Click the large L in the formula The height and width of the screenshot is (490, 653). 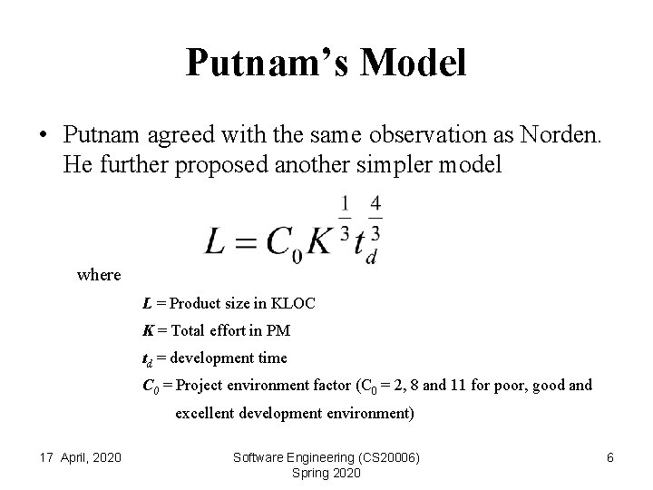[x=218, y=240]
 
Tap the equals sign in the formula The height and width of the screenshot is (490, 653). [x=249, y=241]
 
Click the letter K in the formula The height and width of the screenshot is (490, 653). [x=320, y=240]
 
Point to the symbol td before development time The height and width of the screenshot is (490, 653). [x=150, y=358]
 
